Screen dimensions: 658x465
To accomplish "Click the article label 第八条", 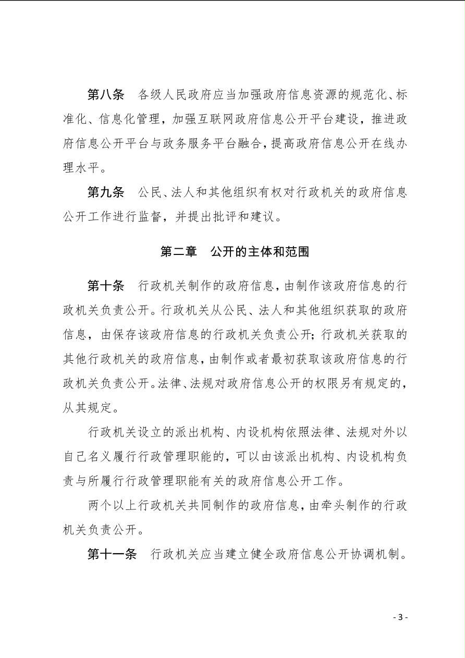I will (105, 95).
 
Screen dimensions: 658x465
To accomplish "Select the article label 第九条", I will (105, 192).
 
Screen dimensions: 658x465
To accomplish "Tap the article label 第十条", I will (105, 286).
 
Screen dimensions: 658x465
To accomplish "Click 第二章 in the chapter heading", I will (179, 252).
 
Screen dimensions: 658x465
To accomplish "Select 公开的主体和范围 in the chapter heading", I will (260, 252).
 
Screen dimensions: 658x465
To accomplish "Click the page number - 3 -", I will (400, 617).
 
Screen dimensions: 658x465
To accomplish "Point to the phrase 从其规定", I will (88, 408).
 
